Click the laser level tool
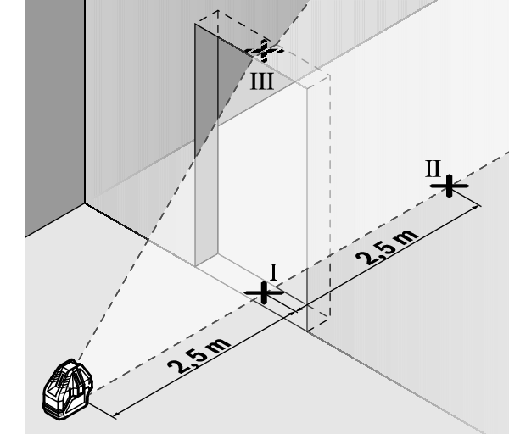[x=68, y=389]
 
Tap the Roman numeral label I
[x=274, y=272]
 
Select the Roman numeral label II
[x=433, y=169]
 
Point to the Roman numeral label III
[x=261, y=81]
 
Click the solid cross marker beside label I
[x=264, y=292]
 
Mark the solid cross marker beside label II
[x=449, y=186]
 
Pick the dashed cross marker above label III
[x=264, y=51]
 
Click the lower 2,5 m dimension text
[x=199, y=355]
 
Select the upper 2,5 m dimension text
[x=386, y=248]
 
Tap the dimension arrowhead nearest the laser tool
[x=116, y=415]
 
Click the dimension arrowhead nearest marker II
[x=476, y=208]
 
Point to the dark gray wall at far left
[x=54, y=117]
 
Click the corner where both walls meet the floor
[x=85, y=203]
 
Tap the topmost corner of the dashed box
[x=218, y=10]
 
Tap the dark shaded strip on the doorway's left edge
[x=206, y=91]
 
